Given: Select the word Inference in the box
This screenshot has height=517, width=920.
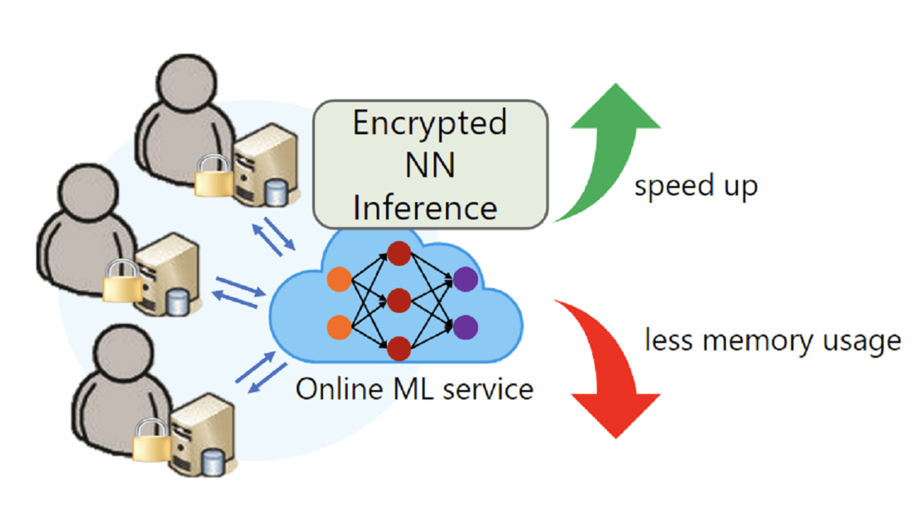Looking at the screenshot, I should click(425, 207).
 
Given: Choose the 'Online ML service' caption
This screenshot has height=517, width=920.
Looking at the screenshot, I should click(414, 389).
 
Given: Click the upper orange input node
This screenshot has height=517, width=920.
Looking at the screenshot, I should click(339, 279).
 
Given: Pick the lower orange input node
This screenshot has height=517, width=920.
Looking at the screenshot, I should click(339, 328).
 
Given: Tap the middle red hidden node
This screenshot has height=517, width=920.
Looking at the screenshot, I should click(399, 300).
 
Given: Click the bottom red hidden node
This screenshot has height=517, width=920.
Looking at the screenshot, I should click(399, 348).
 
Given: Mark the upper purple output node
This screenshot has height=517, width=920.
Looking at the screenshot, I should click(465, 279).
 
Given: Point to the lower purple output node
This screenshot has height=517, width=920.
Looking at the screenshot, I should click(465, 328).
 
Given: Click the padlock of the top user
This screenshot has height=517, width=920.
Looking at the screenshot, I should click(213, 176).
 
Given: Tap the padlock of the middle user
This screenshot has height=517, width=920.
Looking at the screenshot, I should click(122, 282).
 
